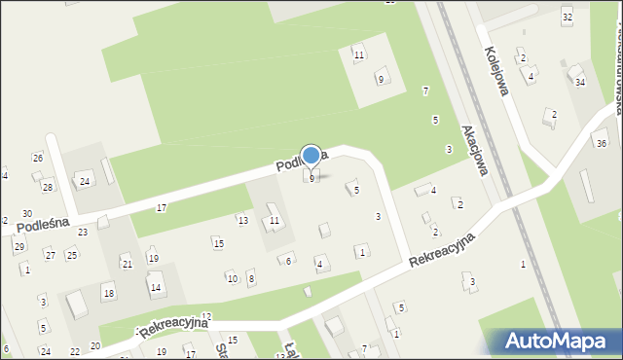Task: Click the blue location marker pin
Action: click(311, 156)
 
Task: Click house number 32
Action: click(568, 18)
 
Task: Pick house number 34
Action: click(580, 83)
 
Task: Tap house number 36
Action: click(601, 144)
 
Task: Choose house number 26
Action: click(37, 158)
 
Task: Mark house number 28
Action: click(47, 186)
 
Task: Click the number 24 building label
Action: click(85, 181)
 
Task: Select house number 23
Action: click(83, 232)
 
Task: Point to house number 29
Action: click(18, 246)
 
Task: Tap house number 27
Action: click(50, 255)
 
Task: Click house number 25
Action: click(71, 255)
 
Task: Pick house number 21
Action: click(127, 264)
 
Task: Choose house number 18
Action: click(108, 293)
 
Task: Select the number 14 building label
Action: click(155, 287)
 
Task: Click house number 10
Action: click(232, 279)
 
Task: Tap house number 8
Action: click(251, 279)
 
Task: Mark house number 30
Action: click(27, 213)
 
